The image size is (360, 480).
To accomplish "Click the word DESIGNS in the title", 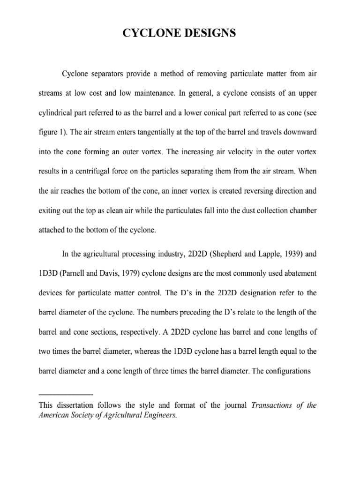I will click(206, 34).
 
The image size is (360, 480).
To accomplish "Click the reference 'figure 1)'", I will click(52, 133).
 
